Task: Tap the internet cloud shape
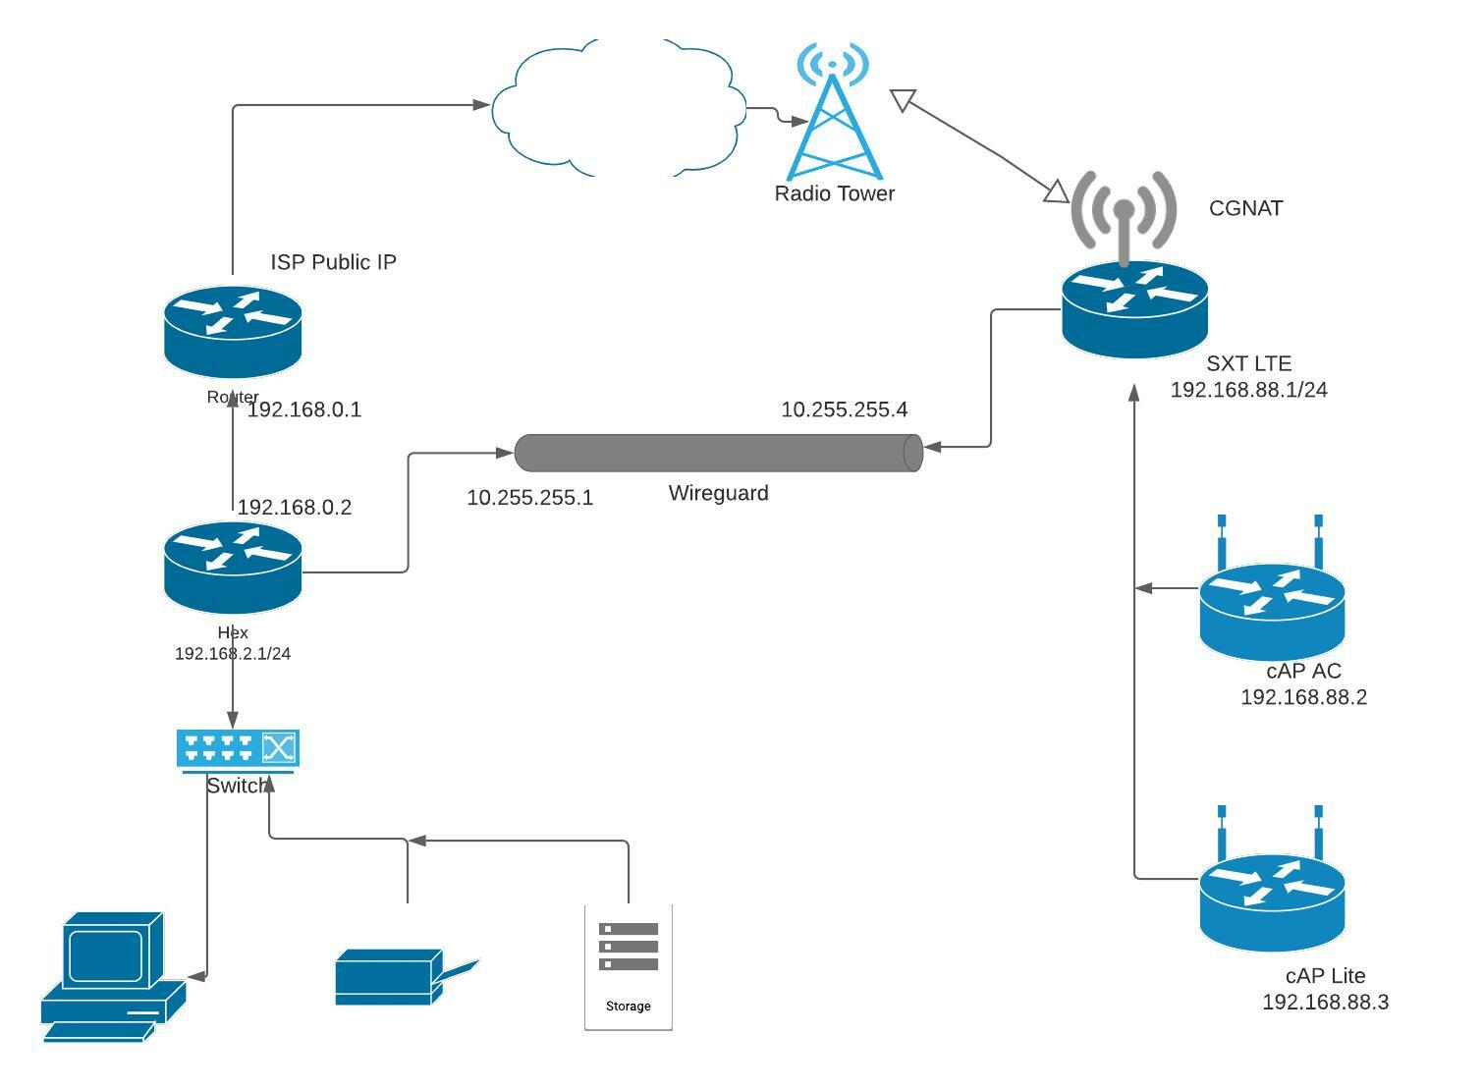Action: tap(617, 108)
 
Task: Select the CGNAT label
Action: tap(1245, 208)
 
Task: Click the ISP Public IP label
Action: tap(333, 262)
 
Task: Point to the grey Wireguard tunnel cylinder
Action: tap(718, 453)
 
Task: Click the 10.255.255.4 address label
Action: tap(844, 409)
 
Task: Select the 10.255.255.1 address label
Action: tap(529, 498)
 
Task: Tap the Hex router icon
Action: tap(233, 568)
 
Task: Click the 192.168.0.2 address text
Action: tap(294, 508)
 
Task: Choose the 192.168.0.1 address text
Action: tap(303, 410)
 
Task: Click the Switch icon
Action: tap(238, 749)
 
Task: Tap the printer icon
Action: tap(398, 977)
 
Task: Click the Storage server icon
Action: tap(629, 967)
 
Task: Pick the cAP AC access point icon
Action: tap(1272, 609)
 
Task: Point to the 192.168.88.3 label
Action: tap(1325, 1003)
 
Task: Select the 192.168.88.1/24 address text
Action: tap(1248, 390)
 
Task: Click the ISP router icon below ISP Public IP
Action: tap(233, 331)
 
